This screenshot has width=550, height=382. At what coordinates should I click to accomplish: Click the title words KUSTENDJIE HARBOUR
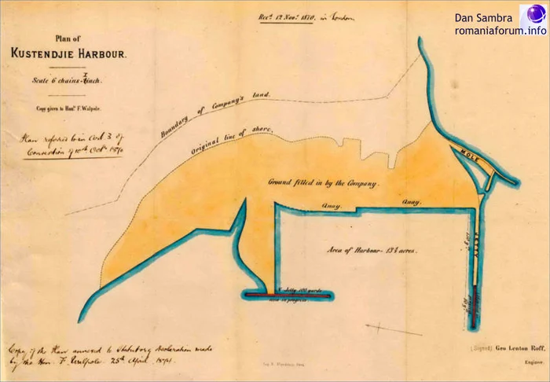66,53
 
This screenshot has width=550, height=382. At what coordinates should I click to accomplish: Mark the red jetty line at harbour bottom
288,295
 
